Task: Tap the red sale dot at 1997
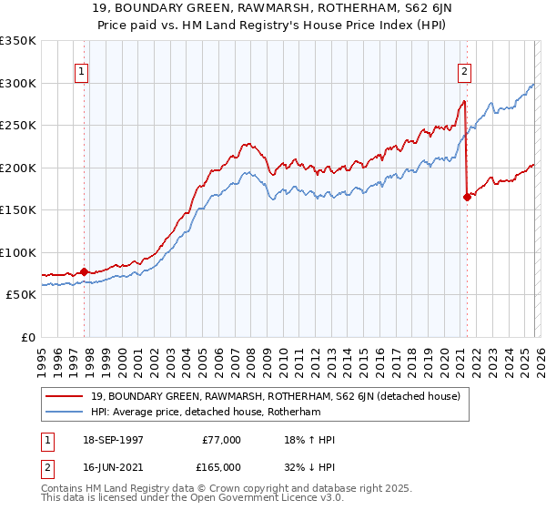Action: [85, 271]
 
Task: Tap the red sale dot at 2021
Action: [467, 197]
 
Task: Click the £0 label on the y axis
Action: [27, 337]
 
